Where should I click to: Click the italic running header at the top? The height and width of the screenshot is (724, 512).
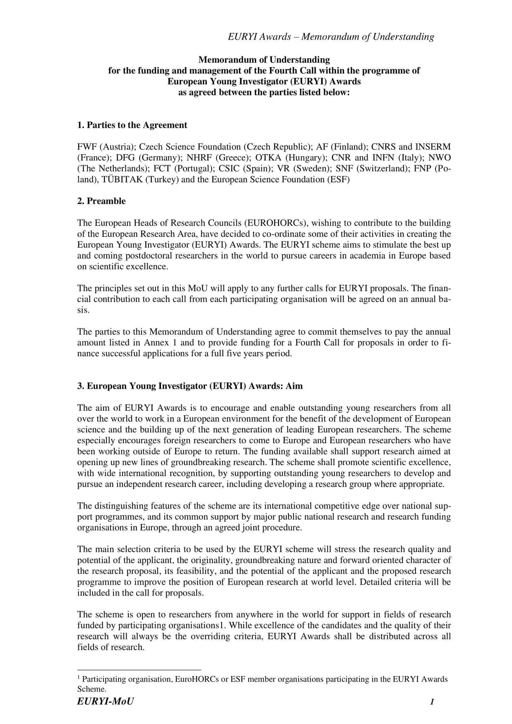[x=331, y=37]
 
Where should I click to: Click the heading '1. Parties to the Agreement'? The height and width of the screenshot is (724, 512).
[x=132, y=125]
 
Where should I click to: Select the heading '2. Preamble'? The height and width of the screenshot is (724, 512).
[x=101, y=201]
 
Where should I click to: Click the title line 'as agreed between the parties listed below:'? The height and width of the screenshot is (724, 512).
[x=264, y=93]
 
